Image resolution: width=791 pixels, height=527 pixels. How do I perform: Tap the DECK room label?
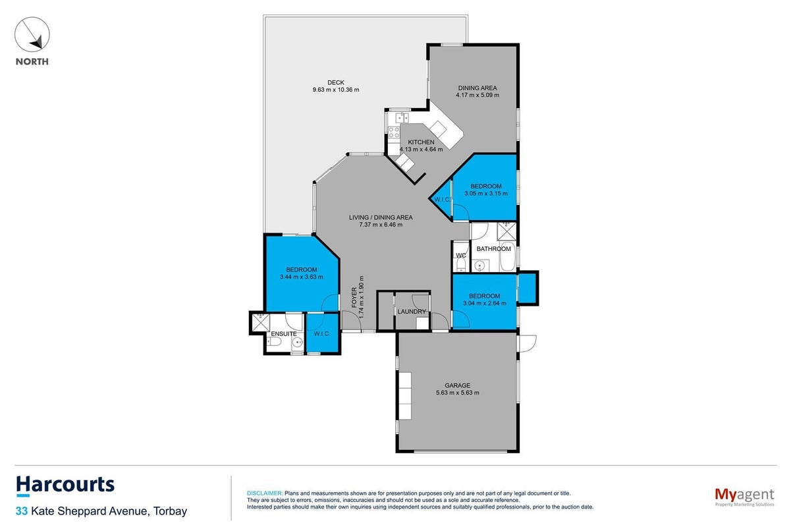(x=335, y=82)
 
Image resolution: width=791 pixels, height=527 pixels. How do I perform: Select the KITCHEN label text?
(x=421, y=142)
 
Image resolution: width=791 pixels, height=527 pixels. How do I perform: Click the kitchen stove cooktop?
(x=394, y=132)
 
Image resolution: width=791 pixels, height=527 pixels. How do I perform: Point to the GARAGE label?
(x=457, y=385)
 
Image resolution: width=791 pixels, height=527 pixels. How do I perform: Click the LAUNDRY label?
(x=412, y=312)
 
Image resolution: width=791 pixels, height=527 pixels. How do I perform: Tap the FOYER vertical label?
(x=354, y=297)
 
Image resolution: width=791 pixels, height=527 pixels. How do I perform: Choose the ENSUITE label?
(x=284, y=334)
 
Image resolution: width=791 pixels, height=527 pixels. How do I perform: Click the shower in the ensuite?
(x=261, y=323)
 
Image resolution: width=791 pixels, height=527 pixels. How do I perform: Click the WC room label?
(x=461, y=256)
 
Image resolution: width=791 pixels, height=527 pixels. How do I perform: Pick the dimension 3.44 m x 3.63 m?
(x=301, y=277)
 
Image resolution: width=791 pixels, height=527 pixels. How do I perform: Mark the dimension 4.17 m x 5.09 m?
(x=477, y=95)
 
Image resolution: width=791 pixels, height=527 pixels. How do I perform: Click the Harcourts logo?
(x=65, y=485)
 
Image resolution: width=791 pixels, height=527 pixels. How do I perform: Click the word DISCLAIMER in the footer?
(x=265, y=493)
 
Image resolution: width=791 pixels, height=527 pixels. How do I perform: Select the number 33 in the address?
(x=21, y=511)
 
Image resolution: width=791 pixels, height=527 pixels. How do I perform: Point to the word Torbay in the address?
(x=170, y=511)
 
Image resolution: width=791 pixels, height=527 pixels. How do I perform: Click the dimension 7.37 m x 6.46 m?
(x=381, y=225)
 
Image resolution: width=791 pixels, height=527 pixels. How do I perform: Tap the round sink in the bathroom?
(x=479, y=265)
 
